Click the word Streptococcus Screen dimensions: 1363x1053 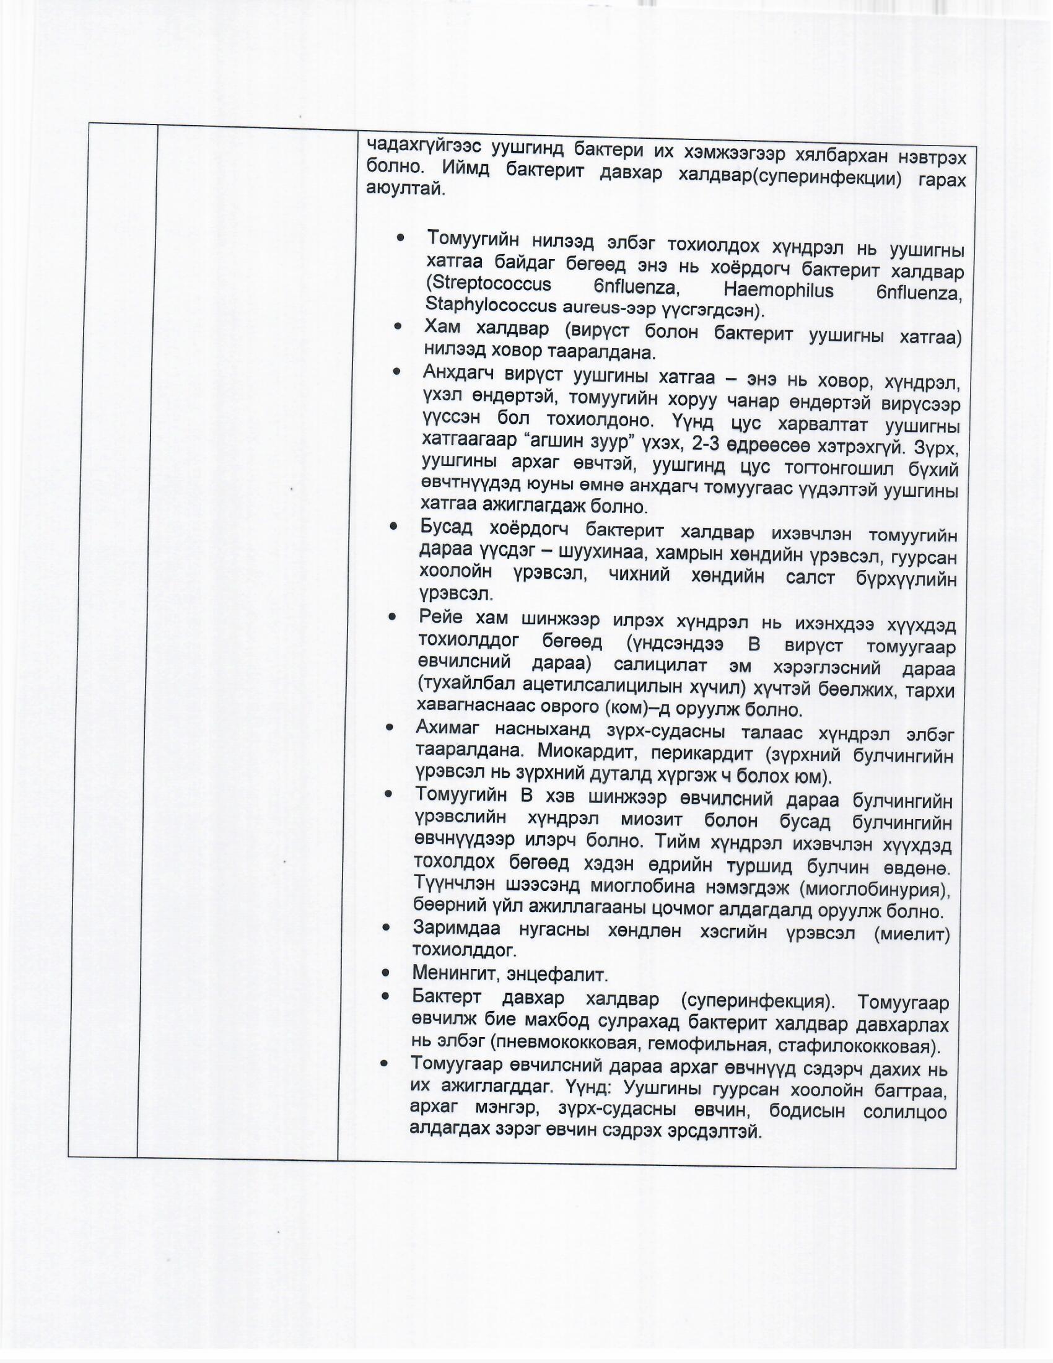point(489,284)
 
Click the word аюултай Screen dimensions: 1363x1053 point(406,188)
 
